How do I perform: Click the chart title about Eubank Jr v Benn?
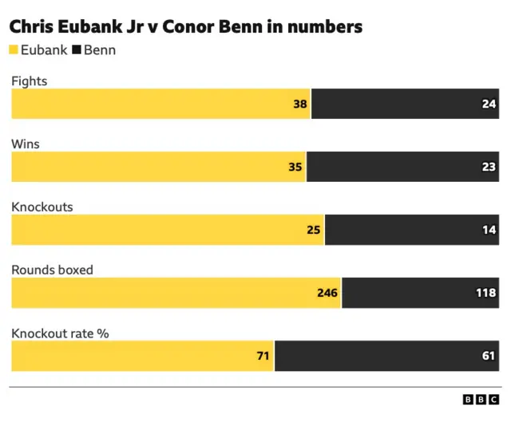click(185, 27)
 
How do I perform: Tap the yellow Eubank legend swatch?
click(14, 50)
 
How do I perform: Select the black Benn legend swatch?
click(77, 50)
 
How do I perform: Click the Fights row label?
click(28, 81)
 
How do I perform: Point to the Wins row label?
click(26, 144)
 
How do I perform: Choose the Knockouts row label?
click(42, 207)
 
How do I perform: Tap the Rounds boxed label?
click(52, 270)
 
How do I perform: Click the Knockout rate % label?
click(60, 333)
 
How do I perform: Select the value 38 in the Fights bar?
click(300, 104)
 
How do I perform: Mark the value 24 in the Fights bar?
click(489, 104)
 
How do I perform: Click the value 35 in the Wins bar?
click(295, 168)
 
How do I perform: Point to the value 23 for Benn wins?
click(489, 168)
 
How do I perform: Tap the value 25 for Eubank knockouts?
click(314, 231)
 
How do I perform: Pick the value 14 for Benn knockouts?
click(489, 231)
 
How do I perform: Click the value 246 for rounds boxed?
click(327, 294)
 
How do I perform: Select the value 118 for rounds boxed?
click(485, 294)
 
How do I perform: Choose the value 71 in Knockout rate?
click(263, 356)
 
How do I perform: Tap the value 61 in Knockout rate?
click(489, 356)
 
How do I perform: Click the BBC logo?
click(481, 401)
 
